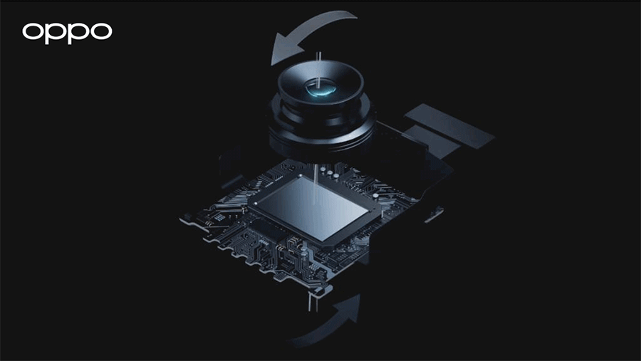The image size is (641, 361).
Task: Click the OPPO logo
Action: [x=67, y=32]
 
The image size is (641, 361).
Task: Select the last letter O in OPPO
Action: [x=100, y=32]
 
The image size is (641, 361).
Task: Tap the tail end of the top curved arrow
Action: [x=353, y=16]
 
